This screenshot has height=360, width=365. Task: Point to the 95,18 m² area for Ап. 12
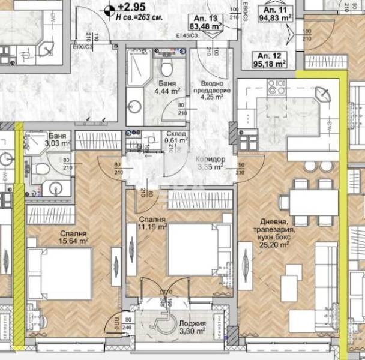pyautogui.click(x=268, y=62)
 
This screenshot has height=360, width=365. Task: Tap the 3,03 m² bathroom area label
pyautogui.click(x=58, y=143)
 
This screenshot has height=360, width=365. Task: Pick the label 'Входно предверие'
pyautogui.click(x=211, y=88)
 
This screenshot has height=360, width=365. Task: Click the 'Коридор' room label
pyautogui.click(x=210, y=159)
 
